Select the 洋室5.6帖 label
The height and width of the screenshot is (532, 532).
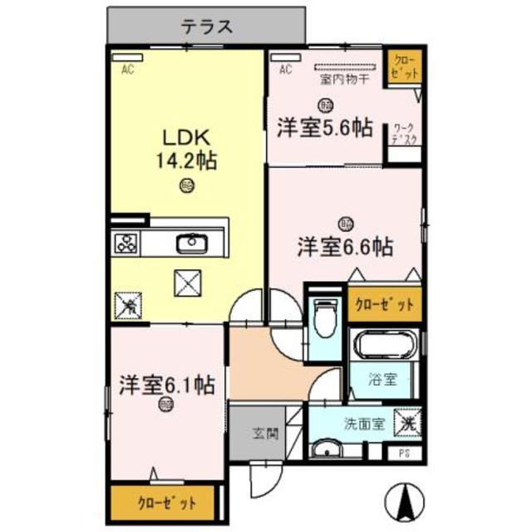point(325,127)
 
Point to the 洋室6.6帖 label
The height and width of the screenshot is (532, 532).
point(346,246)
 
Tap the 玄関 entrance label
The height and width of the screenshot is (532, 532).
point(265,432)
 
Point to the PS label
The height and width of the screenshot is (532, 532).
point(405,453)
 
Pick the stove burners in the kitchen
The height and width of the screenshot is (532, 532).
point(127,244)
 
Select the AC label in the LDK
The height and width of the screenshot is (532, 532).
point(128,70)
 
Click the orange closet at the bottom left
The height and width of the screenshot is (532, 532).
point(165,502)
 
